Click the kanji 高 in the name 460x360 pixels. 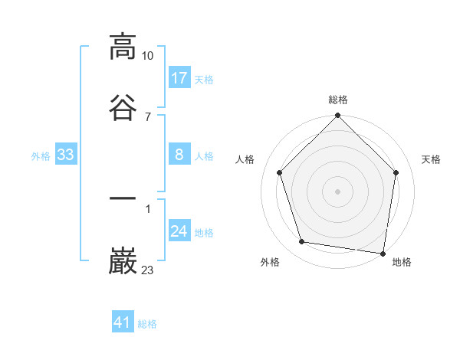coord(123,47)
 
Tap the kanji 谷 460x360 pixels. coord(123,106)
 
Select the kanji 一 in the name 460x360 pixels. coord(123,200)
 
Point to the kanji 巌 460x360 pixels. coord(123,260)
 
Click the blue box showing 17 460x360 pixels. coord(179,78)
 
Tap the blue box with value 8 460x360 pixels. coord(179,155)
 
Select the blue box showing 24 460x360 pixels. coord(179,231)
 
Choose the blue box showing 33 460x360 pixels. coord(65,155)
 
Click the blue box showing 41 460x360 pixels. coord(123,322)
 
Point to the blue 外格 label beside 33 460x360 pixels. coord(41,156)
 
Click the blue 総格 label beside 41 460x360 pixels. coord(147,324)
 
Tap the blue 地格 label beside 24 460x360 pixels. coord(204,233)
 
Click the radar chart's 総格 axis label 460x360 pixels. coord(338,100)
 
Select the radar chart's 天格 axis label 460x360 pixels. coord(432,159)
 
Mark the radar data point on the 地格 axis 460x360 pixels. coord(383,253)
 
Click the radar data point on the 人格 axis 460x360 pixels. coord(280,172)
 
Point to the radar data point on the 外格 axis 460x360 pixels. coord(302,242)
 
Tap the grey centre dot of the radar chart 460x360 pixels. coord(338,191)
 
